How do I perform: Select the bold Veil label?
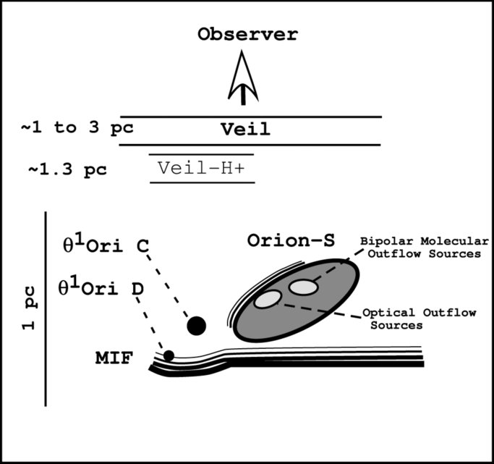[x=245, y=130]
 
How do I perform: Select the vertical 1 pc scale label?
[x=29, y=308]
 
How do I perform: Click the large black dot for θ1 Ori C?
[x=196, y=326]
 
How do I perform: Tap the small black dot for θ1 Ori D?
[x=169, y=355]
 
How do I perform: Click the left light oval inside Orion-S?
[x=267, y=298]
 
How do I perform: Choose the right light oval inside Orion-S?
[x=303, y=287]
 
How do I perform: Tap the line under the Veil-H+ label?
[x=203, y=182]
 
